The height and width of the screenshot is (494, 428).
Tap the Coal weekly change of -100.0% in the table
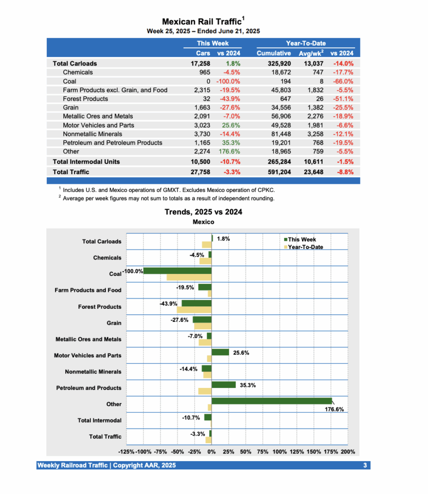(228, 81)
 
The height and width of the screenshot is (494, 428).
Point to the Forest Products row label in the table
(86, 99)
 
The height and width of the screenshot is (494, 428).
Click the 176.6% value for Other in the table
(230, 151)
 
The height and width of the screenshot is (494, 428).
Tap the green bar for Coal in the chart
(177, 271)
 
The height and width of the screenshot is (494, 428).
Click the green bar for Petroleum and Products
(223, 384)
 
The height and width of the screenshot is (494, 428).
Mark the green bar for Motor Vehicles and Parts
(220, 352)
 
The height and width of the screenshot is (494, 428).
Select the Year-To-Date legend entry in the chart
(304, 247)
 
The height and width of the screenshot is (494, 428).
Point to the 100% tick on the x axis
(280, 452)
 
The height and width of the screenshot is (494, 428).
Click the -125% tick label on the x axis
(127, 452)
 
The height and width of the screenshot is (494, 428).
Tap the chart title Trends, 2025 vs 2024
(203, 212)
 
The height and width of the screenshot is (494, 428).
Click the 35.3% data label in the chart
(247, 385)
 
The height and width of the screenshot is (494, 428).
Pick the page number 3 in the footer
(365, 466)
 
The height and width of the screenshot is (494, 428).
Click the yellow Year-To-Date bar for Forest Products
(194, 310)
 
